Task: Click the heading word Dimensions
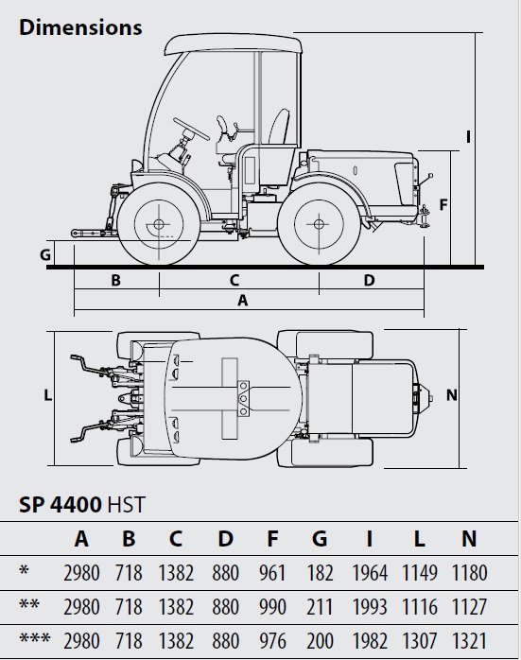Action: pyautogui.click(x=80, y=27)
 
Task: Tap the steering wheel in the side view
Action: pyautogui.click(x=192, y=129)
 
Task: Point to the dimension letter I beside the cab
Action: pyautogui.click(x=468, y=137)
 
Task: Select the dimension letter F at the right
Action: pyautogui.click(x=443, y=205)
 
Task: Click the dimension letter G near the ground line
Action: pyautogui.click(x=45, y=254)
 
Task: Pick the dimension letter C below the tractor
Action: pyautogui.click(x=234, y=280)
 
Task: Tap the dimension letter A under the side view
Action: pyautogui.click(x=243, y=300)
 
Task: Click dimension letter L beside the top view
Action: pyautogui.click(x=48, y=395)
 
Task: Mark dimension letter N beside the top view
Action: pyautogui.click(x=452, y=395)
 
